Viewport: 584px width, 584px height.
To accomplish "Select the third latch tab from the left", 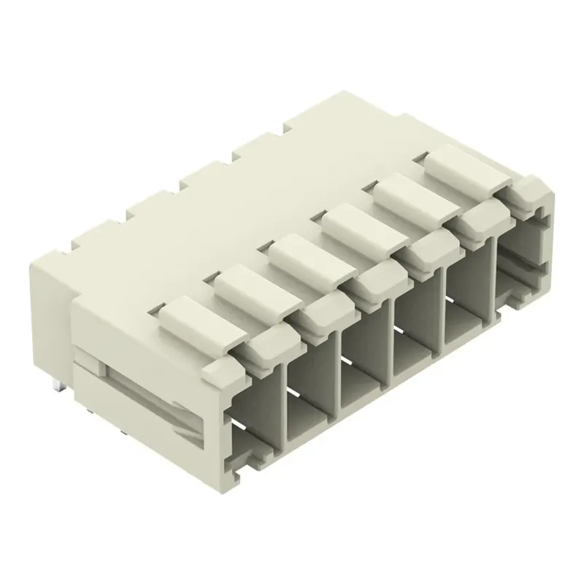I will (301, 253).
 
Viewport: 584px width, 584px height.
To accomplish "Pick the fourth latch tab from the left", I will (354, 222).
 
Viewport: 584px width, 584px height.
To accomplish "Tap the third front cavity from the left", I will (365, 365).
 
